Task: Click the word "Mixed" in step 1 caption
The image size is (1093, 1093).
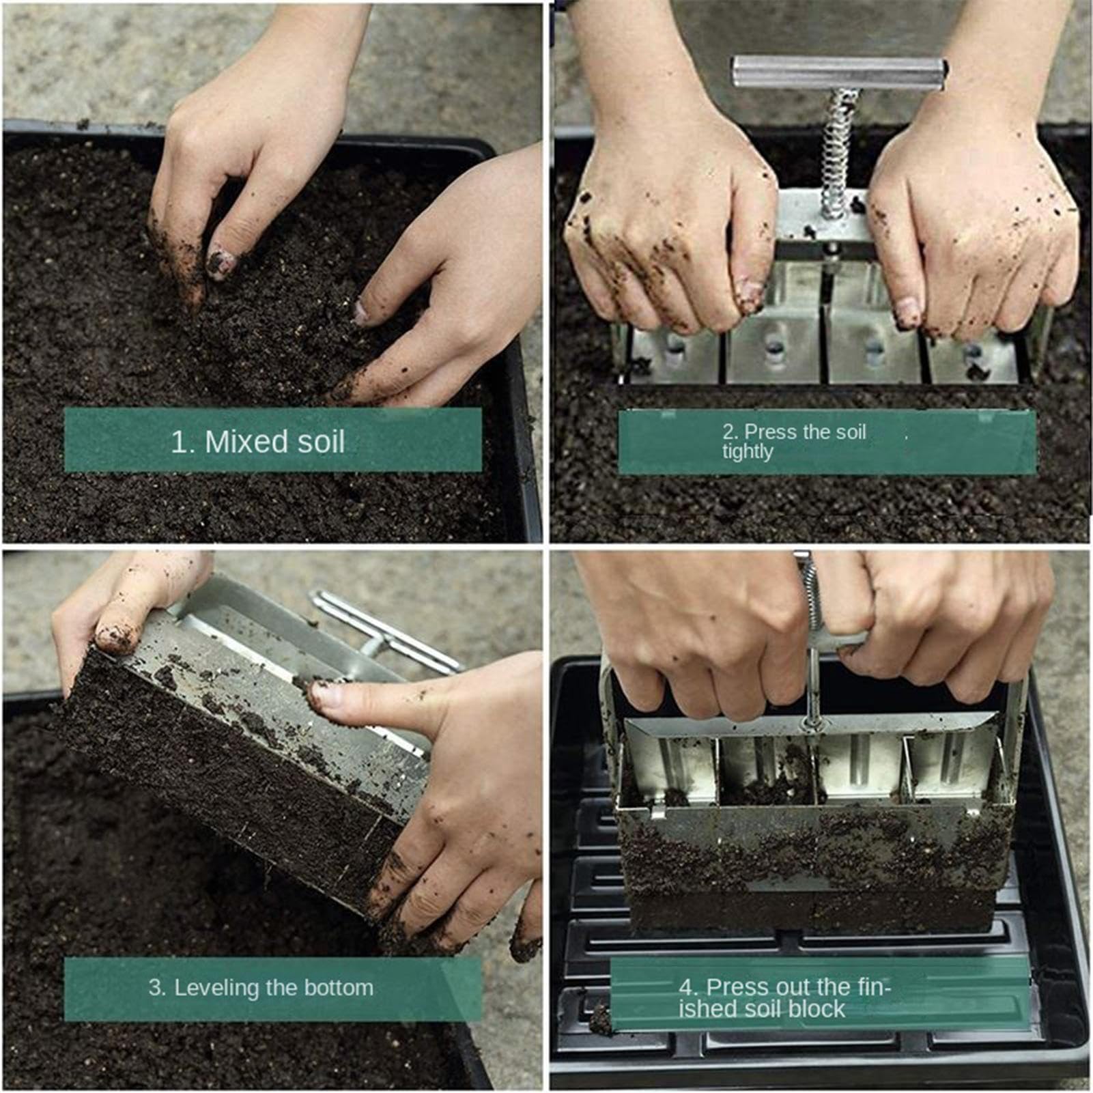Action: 246,442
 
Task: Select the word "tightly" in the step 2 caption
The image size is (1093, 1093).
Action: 748,452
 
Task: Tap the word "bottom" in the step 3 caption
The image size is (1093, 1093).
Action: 339,987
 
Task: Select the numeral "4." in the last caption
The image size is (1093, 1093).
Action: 689,987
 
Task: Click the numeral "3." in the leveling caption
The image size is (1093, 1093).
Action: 158,987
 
